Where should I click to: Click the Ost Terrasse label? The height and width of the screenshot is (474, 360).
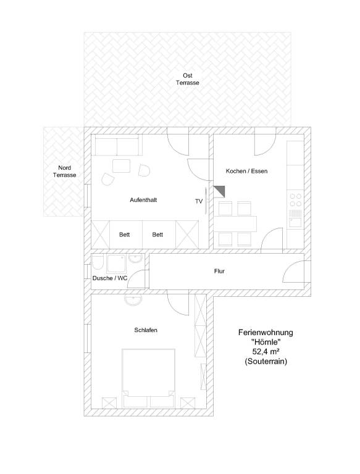pyautogui.click(x=188, y=79)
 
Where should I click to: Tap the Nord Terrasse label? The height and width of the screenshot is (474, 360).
pyautogui.click(x=64, y=172)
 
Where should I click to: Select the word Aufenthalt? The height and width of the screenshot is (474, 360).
pyautogui.click(x=143, y=200)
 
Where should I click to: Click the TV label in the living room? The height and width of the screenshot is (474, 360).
pyautogui.click(x=199, y=201)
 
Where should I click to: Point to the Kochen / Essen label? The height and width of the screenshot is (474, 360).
pyautogui.click(x=246, y=171)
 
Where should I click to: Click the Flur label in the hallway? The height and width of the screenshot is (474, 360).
pyautogui.click(x=219, y=271)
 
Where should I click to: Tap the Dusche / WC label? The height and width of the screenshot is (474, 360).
pyautogui.click(x=110, y=278)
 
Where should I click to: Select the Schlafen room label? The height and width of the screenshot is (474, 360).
pyautogui.click(x=146, y=330)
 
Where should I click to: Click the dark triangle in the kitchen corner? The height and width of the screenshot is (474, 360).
pyautogui.click(x=221, y=190)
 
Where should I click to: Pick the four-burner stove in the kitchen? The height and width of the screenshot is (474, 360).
pyautogui.click(x=296, y=200)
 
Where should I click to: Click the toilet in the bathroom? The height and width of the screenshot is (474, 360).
pyautogui.click(x=98, y=262)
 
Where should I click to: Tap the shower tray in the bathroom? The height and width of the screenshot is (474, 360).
pyautogui.click(x=117, y=264)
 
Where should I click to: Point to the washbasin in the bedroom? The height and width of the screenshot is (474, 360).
pyautogui.click(x=133, y=301)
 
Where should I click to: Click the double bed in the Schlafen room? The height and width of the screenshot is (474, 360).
pyautogui.click(x=149, y=378)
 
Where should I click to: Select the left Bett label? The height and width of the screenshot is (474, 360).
pyautogui.click(x=124, y=235)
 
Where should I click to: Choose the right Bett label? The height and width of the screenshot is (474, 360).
pyautogui.click(x=157, y=235)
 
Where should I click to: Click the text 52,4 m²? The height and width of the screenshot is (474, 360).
pyautogui.click(x=266, y=352)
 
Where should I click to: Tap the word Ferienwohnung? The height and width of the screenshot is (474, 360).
pyautogui.click(x=266, y=333)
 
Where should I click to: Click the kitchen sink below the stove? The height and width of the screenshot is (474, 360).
pyautogui.click(x=296, y=218)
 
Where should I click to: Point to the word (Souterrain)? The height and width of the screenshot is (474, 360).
pyautogui.click(x=266, y=361)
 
